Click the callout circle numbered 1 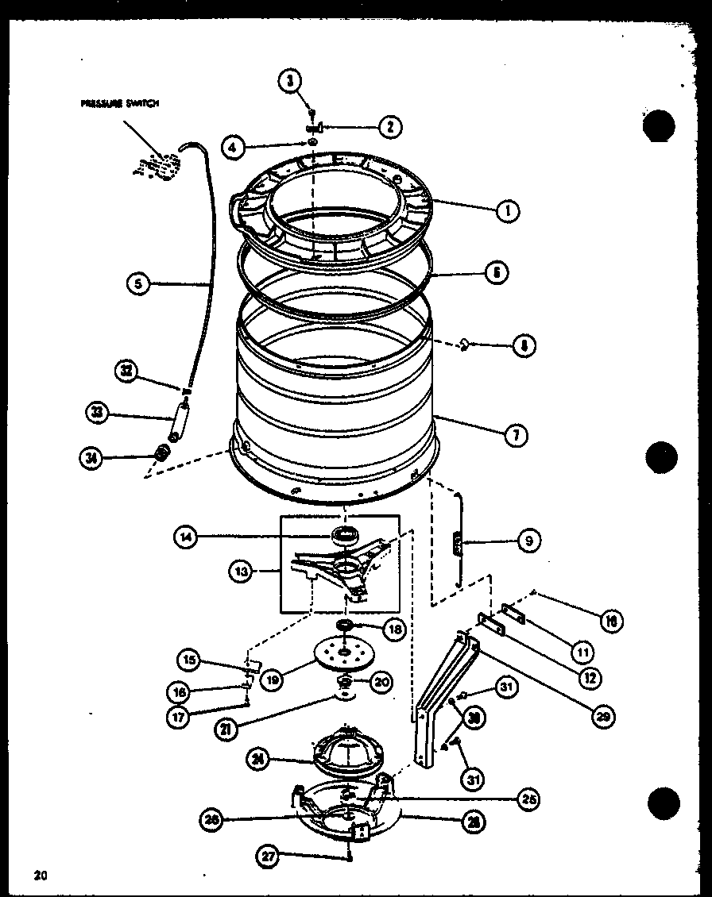tap(506, 210)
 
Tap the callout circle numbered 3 tap(291, 80)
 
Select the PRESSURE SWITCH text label tap(119, 103)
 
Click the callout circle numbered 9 tap(528, 541)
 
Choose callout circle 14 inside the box tap(186, 537)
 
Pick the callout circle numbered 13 tap(242, 571)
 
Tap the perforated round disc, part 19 tap(344, 651)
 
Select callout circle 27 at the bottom tap(270, 856)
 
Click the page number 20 tap(37, 876)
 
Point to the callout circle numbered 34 tap(93, 458)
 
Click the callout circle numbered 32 tap(127, 371)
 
